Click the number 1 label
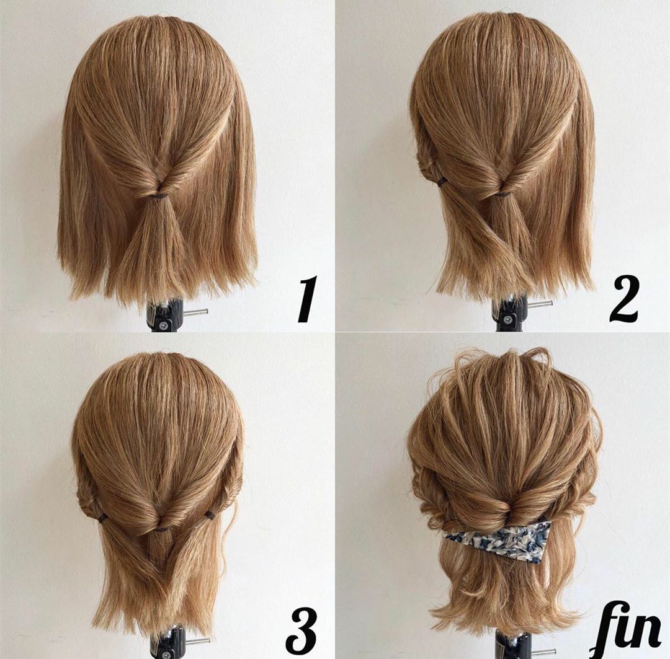click(307, 299)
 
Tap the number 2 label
click(623, 299)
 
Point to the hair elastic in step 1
click(160, 196)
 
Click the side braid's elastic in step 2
click(442, 183)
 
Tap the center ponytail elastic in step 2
click(504, 194)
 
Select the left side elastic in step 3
click(102, 518)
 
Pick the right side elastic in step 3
click(209, 515)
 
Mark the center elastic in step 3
click(161, 529)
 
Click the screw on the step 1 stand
click(163, 325)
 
